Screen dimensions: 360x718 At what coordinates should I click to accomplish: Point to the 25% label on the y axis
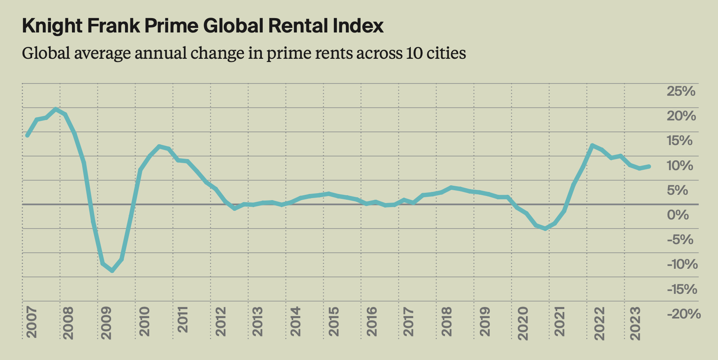click(681, 91)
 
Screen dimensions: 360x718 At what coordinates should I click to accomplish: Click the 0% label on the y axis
click(678, 215)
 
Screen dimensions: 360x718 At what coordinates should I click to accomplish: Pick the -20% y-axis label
click(683, 314)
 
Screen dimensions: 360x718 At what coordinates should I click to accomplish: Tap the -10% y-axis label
click(682, 264)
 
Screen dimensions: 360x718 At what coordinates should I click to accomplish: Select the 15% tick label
click(679, 141)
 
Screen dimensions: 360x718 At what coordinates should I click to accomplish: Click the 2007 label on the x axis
click(32, 322)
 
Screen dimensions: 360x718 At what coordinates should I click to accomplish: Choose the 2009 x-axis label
click(107, 322)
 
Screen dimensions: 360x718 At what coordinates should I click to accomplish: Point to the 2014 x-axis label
click(295, 322)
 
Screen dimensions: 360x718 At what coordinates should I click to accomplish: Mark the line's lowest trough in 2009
click(112, 270)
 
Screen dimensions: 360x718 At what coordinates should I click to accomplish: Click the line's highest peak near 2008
click(56, 109)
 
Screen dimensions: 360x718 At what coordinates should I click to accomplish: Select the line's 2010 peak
click(159, 146)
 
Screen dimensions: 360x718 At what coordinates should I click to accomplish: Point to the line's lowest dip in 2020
click(546, 228)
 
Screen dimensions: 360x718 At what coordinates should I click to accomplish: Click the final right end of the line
click(649, 166)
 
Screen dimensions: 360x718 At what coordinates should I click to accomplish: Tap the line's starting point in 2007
click(27, 135)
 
